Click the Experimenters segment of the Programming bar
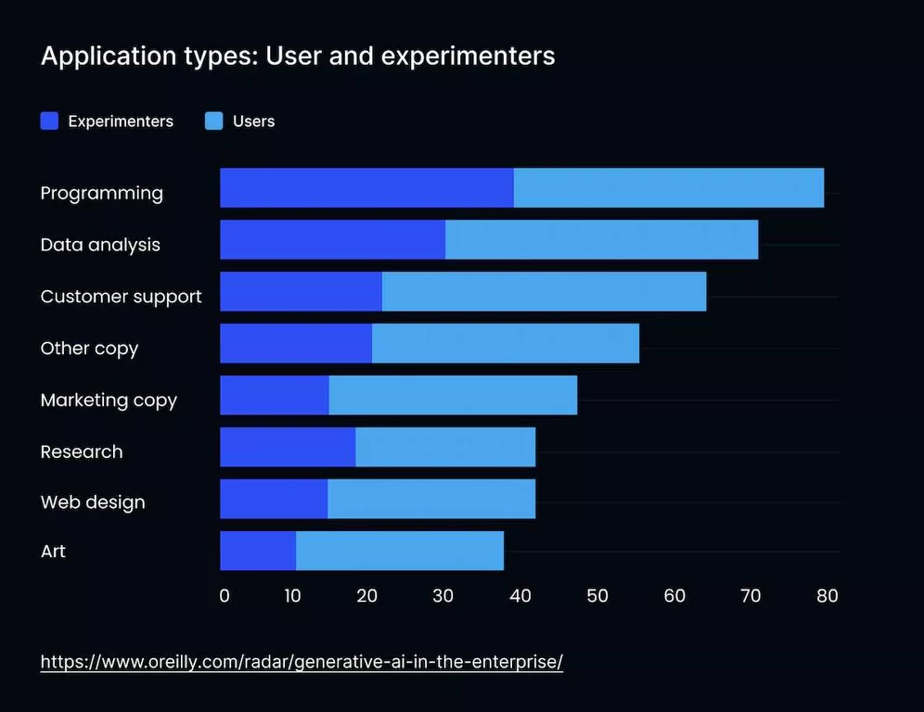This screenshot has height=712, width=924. click(366, 188)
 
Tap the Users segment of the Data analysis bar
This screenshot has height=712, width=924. click(601, 240)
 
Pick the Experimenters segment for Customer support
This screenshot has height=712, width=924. click(301, 292)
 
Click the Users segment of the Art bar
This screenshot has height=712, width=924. click(399, 551)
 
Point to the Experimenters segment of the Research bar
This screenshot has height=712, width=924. click(288, 447)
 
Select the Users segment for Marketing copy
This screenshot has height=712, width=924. click(453, 395)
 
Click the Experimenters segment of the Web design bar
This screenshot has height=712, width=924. click(274, 499)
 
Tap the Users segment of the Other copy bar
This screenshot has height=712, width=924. click(505, 344)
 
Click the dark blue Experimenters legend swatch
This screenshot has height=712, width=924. click(50, 121)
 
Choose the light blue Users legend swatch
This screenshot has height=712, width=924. click(214, 121)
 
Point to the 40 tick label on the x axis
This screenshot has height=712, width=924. click(520, 595)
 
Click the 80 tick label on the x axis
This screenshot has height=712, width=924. click(827, 595)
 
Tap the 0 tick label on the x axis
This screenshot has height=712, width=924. click(225, 595)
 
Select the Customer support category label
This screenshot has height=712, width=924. click(121, 297)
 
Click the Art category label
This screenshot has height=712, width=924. click(53, 551)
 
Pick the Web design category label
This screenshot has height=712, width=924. click(93, 502)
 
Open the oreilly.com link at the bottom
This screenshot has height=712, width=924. click(302, 662)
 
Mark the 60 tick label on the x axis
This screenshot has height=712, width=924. click(674, 595)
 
